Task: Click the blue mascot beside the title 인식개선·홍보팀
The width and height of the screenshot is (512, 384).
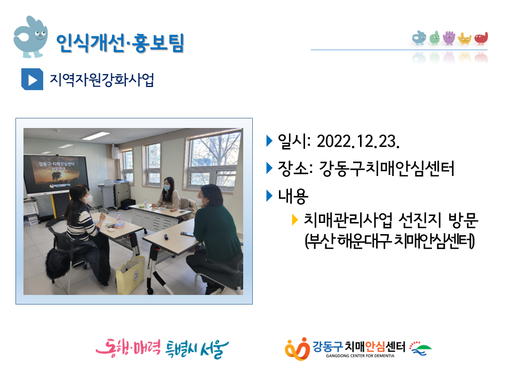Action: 30,37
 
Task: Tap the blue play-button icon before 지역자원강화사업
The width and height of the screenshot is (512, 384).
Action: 32,79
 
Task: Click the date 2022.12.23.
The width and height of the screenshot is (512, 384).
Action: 358,141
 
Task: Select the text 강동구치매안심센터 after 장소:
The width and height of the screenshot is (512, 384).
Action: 386,169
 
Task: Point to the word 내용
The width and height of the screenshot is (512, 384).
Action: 293,196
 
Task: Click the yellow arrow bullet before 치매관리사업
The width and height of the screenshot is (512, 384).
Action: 295,220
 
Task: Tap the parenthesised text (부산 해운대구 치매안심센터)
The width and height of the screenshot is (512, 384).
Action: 389,241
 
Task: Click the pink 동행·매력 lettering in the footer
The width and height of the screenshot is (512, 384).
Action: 129,348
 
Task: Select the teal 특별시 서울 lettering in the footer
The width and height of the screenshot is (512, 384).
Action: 197,349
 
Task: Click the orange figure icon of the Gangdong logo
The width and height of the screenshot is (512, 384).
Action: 297,349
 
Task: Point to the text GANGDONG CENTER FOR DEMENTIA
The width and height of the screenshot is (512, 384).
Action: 360,356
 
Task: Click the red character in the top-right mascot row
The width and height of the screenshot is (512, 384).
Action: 481,38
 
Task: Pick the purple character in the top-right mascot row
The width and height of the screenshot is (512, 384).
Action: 449,38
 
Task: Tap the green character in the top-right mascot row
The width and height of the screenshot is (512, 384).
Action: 435,38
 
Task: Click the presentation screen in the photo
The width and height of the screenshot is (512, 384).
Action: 55,174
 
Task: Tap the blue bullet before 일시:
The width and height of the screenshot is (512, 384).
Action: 269,141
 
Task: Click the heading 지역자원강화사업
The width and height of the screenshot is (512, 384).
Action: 101,79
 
